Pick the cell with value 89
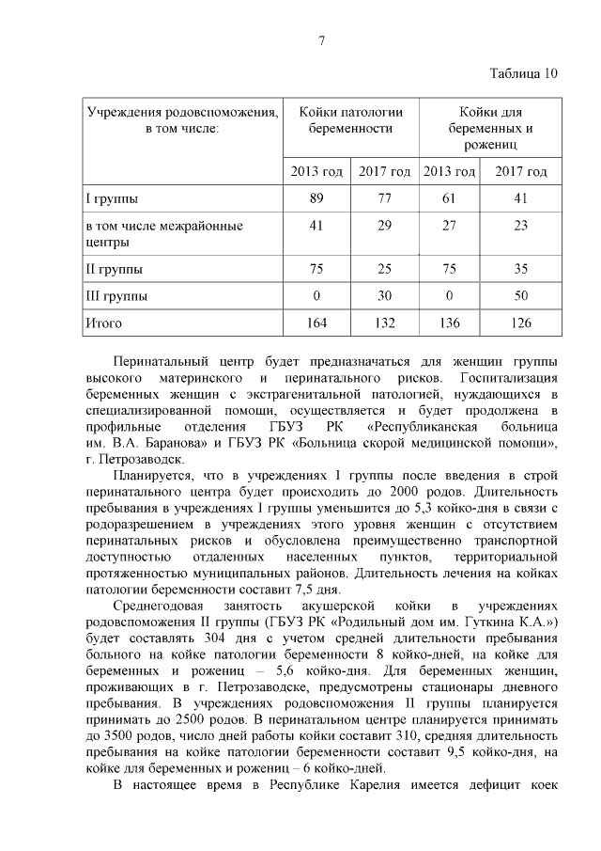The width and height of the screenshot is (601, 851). click(316, 198)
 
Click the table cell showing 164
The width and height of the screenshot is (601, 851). click(316, 323)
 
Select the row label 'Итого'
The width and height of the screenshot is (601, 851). click(104, 323)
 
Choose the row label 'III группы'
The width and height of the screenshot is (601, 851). click(116, 295)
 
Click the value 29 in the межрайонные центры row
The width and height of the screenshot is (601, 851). click(383, 226)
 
